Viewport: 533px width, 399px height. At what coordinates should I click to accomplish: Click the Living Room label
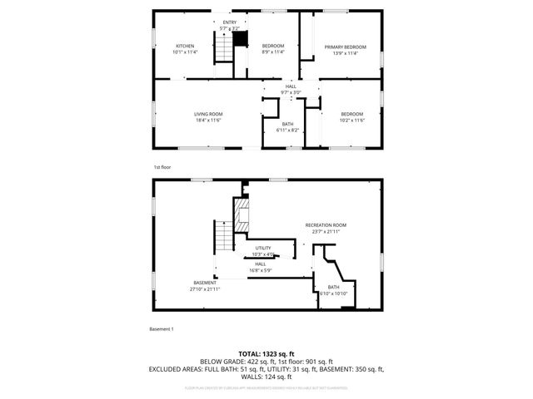pyautogui.click(x=207, y=117)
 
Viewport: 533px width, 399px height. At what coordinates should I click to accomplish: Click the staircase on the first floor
pyautogui.click(x=223, y=50)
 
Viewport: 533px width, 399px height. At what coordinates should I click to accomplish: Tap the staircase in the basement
pyautogui.click(x=222, y=239)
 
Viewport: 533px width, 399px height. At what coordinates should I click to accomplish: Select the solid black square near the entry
pyautogui.click(x=241, y=38)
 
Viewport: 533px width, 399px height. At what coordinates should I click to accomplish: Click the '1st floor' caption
pyautogui.click(x=162, y=167)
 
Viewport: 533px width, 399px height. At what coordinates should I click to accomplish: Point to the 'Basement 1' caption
pyautogui.click(x=162, y=329)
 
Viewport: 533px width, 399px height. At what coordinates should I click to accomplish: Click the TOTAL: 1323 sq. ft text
pyautogui.click(x=266, y=354)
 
